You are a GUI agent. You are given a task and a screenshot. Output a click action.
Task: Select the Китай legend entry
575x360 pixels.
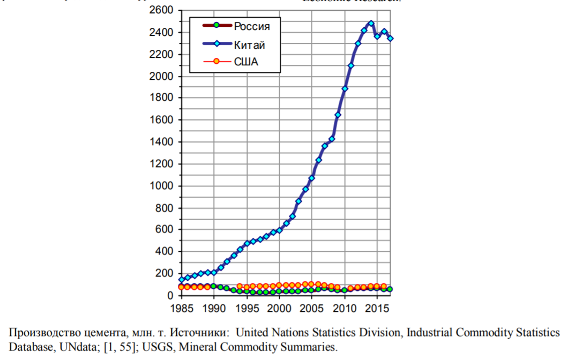(249, 44)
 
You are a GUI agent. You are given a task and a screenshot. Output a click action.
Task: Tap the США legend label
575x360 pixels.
(246, 62)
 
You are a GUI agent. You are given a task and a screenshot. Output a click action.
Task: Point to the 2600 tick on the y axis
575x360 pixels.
(162, 11)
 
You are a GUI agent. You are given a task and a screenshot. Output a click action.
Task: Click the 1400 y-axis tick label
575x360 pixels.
(162, 142)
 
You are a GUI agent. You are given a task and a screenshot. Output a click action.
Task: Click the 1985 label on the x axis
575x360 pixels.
(181, 309)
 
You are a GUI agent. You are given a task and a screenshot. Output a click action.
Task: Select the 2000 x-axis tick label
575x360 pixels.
(279, 309)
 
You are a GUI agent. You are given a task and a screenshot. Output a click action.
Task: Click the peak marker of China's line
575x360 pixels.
(371, 24)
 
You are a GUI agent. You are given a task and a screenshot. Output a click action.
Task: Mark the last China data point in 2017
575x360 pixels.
(390, 38)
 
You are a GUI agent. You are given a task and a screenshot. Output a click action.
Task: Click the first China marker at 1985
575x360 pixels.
(182, 280)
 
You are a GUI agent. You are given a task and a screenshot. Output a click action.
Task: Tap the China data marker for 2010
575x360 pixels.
(345, 88)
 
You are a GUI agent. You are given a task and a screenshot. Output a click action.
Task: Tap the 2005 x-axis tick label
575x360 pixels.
(312, 309)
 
